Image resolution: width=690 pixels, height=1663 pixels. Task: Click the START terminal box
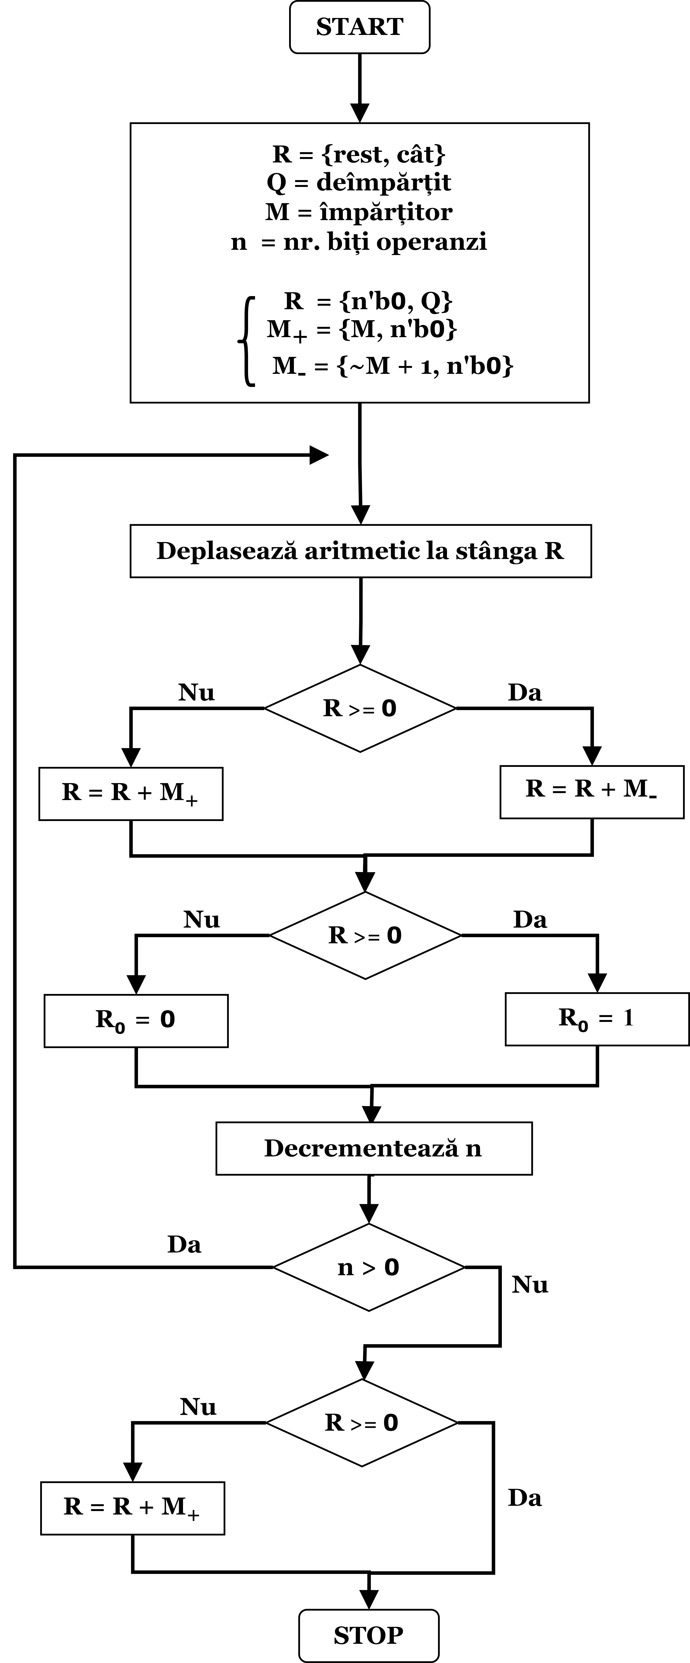359,27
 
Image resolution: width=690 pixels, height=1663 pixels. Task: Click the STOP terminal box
369,1635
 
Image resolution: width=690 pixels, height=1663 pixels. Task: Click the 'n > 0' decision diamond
369,1267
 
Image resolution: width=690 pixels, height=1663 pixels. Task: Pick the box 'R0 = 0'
136,1021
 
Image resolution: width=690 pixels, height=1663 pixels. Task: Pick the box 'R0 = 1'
597,1019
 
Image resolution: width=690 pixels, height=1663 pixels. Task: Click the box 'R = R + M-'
592,792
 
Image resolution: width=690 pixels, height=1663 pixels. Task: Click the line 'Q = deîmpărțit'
359,183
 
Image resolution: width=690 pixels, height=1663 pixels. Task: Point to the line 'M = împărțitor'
359,212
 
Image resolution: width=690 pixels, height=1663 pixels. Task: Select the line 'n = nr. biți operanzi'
359,241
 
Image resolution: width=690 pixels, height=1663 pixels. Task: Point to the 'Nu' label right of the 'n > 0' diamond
530,1285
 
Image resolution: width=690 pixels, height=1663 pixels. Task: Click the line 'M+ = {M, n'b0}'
362,331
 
